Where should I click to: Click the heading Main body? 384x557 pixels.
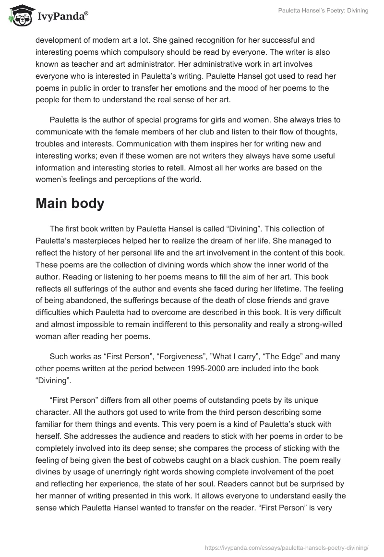(x=70, y=203)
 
